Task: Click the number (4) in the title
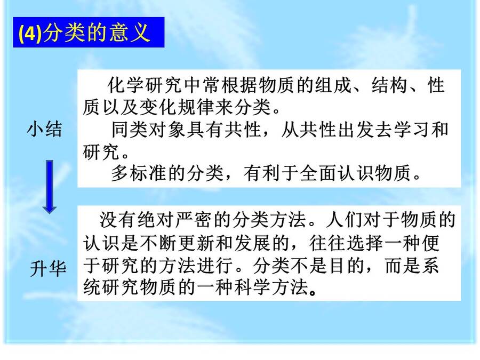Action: point(30,33)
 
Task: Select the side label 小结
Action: point(45,129)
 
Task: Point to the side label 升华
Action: point(49,269)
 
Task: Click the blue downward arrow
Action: point(49,187)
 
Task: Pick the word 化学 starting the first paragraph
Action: point(126,85)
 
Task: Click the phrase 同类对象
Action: point(148,130)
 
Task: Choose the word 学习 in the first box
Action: point(412,130)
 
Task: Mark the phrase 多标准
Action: point(139,173)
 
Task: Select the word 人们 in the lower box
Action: point(345,220)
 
